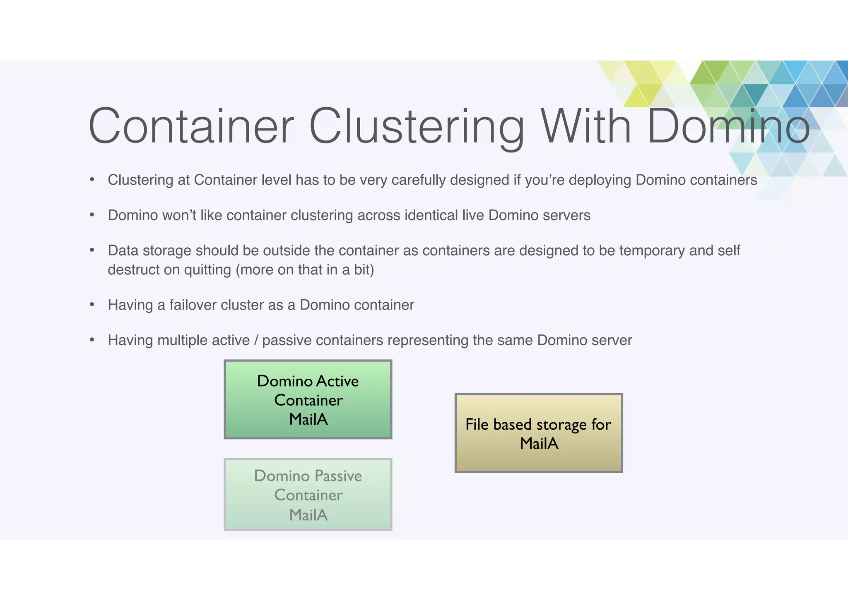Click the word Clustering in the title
click(x=417, y=126)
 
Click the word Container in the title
click(x=191, y=126)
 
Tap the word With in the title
click(x=585, y=126)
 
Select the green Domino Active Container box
click(x=308, y=399)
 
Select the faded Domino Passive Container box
click(x=308, y=494)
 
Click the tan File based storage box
click(x=538, y=433)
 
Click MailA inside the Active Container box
click(x=308, y=419)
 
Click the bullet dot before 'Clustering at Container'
click(x=92, y=180)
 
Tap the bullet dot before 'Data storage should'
click(x=92, y=250)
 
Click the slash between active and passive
click(x=256, y=340)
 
